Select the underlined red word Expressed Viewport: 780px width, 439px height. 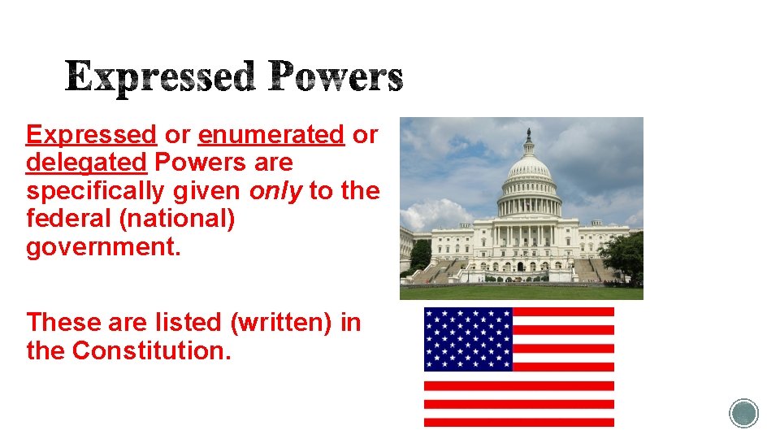(91, 134)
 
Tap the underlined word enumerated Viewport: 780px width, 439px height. (271, 134)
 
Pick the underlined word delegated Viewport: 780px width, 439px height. (86, 163)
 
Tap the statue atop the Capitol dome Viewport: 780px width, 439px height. (528, 133)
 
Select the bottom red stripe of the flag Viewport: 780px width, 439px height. (519, 421)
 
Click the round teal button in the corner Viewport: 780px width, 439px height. (743, 413)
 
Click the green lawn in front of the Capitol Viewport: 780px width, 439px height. (520, 293)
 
